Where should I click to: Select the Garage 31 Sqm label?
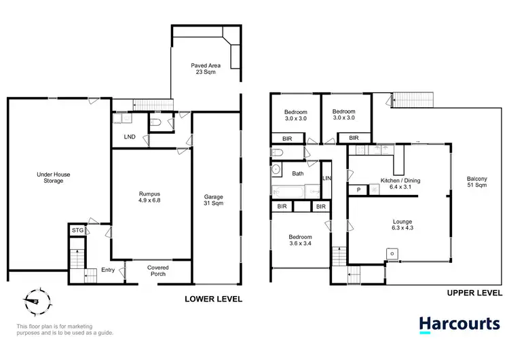pos(214,200)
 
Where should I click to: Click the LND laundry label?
pos(130,137)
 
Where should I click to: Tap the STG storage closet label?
pos(77,231)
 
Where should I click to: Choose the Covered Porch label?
pos(158,272)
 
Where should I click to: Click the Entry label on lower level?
pos(108,270)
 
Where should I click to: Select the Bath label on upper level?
pos(298,174)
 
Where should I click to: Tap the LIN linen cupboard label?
pos(326,178)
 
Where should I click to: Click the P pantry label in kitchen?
pos(358,190)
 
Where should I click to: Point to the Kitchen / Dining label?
pos(400,184)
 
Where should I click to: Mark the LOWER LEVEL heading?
pos(214,299)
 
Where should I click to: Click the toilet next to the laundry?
pos(156,123)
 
